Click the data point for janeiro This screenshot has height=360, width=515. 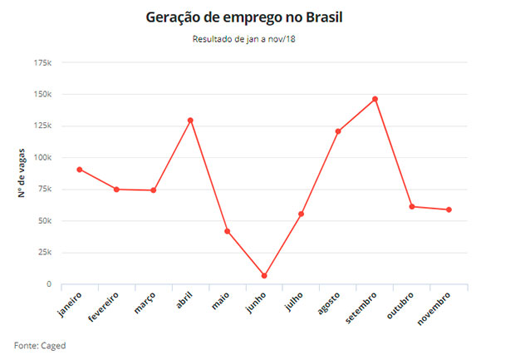click(79, 170)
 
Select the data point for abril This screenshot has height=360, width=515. click(190, 121)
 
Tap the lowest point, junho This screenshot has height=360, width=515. click(264, 276)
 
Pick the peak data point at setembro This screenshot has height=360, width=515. click(375, 99)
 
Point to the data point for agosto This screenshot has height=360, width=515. click(338, 131)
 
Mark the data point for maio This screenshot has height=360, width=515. click(227, 231)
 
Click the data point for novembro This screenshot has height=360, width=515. click(449, 210)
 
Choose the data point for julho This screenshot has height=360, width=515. click(301, 215)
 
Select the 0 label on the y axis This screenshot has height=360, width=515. click(48, 284)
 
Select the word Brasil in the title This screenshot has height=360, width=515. click(346, 17)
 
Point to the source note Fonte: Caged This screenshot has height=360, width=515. click(40, 345)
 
